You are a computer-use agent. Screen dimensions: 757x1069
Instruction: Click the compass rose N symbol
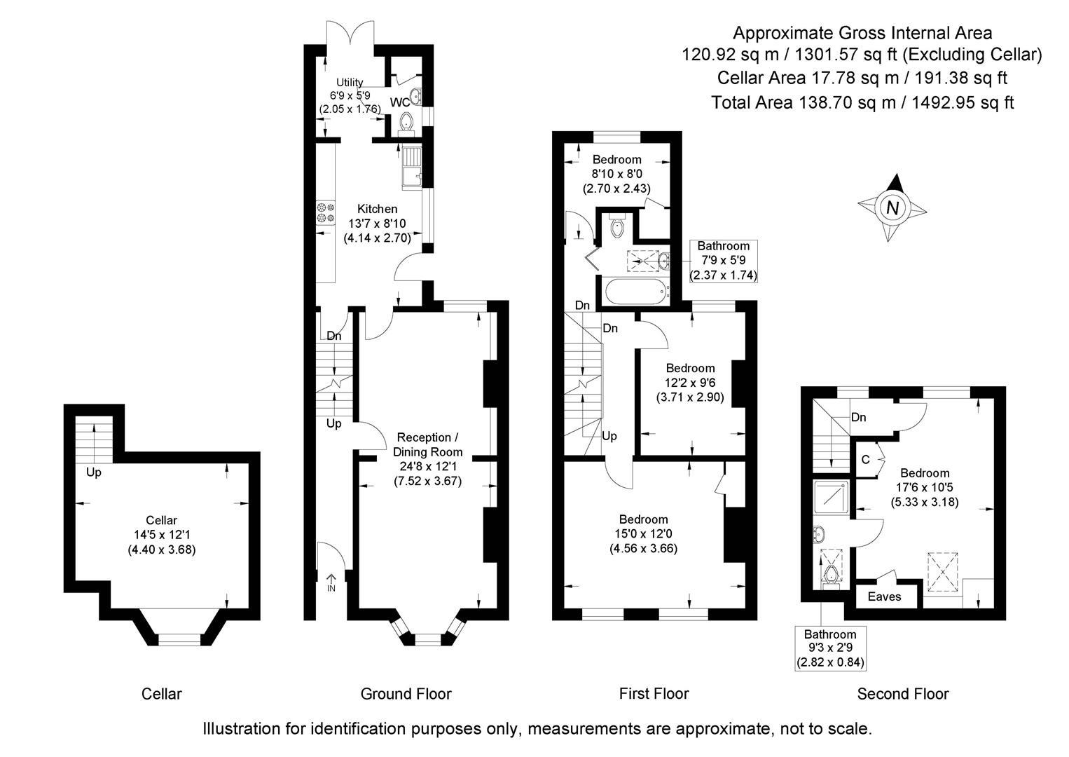892,207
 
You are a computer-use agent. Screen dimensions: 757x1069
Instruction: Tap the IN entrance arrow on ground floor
331,583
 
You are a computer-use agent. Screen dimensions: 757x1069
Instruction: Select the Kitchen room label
377,209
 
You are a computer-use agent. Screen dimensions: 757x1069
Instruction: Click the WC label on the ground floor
399,102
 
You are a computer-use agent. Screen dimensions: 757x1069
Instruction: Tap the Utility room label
350,83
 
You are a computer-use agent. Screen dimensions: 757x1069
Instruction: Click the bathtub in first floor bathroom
634,291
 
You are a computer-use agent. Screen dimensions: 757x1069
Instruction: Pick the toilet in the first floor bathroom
617,226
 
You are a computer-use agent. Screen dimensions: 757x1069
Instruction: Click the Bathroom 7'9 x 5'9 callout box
723,261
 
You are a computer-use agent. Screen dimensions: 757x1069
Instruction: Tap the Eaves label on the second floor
884,596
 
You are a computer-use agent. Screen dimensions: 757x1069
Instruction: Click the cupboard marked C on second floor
866,460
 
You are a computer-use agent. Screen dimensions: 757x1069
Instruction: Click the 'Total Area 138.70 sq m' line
862,102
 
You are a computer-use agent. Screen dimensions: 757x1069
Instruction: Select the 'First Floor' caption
654,694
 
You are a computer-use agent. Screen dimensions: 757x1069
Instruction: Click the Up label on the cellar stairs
93,472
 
